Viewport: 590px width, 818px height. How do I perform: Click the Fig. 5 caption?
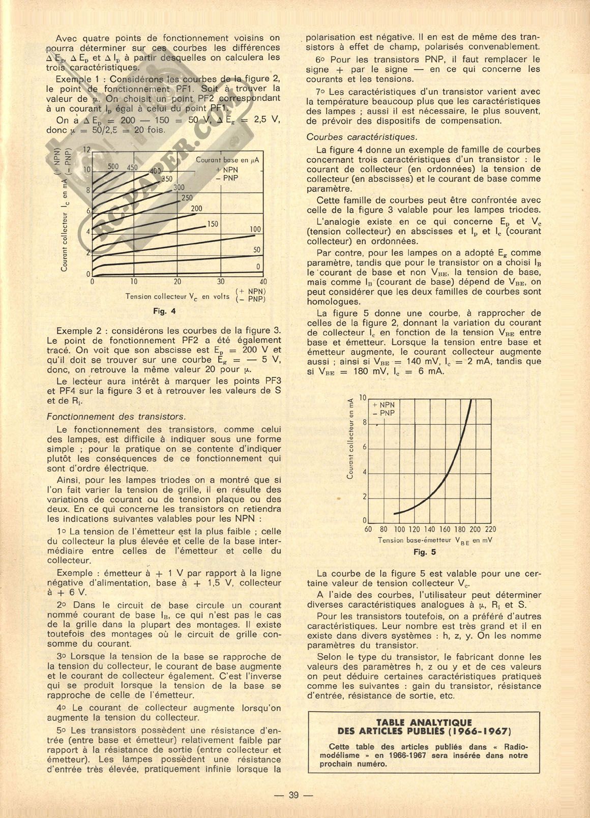(425, 552)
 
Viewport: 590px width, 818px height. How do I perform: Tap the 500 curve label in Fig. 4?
(113, 167)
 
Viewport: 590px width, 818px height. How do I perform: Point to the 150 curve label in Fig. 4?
(212, 224)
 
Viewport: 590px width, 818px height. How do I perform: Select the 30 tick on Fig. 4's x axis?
(220, 282)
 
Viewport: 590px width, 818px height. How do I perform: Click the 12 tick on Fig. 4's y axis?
(86, 150)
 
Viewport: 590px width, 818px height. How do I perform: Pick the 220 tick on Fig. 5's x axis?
(490, 530)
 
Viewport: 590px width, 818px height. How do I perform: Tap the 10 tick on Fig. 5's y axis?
(363, 397)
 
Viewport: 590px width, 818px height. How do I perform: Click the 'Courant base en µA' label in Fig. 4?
(227, 160)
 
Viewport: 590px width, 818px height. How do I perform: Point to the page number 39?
(293, 796)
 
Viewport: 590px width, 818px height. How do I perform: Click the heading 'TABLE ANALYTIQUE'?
(424, 722)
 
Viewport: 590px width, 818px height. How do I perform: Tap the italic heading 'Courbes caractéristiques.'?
(362, 137)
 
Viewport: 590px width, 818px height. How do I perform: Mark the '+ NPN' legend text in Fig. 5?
(383, 405)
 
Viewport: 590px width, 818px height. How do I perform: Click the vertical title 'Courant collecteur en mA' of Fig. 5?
(350, 438)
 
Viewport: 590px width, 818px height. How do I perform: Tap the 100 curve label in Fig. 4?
(255, 230)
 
